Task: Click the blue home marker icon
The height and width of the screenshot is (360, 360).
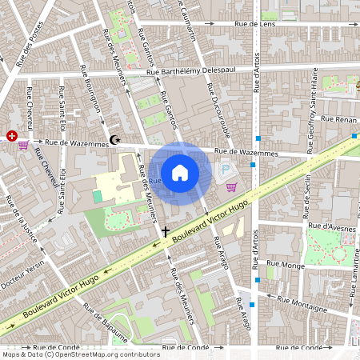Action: tap(180, 173)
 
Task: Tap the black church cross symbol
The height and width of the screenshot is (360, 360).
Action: tap(166, 232)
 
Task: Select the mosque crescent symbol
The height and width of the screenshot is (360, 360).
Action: tap(116, 140)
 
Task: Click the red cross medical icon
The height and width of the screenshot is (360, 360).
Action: tap(12, 136)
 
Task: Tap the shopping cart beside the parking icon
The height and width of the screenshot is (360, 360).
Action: tap(232, 187)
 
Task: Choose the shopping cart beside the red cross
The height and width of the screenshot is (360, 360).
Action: tap(23, 145)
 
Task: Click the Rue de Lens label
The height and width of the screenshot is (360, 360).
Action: tap(255, 25)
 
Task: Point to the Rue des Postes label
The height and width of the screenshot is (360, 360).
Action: tap(30, 50)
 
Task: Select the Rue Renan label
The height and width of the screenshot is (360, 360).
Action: tap(338, 118)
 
